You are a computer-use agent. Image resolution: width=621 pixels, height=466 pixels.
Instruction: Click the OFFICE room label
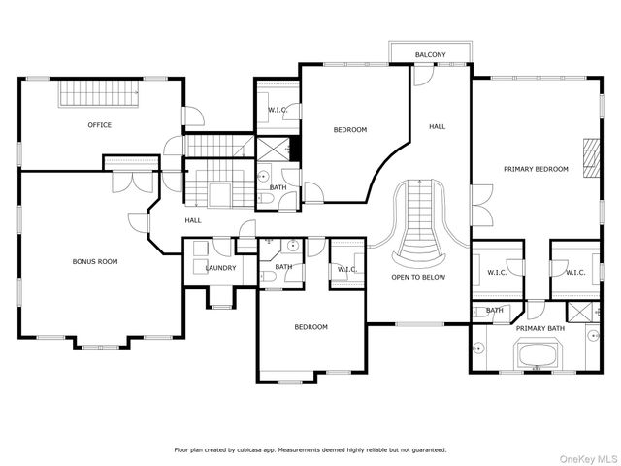99,125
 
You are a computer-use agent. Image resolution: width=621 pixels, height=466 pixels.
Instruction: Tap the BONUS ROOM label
95,261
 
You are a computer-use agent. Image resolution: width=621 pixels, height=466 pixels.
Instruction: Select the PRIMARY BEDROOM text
536,169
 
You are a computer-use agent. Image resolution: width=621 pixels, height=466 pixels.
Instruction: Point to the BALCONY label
431,55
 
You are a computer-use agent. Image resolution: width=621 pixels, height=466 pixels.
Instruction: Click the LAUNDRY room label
220,268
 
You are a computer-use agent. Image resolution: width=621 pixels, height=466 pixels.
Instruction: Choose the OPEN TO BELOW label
418,278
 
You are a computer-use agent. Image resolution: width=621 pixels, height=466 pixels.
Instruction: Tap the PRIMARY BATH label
540,328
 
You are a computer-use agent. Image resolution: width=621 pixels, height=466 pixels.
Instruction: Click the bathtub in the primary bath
536,353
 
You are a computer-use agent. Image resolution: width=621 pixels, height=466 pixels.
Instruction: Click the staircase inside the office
99,94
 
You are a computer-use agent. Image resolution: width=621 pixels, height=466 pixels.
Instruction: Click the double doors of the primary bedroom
482,206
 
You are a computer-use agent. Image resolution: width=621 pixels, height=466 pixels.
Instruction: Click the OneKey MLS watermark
588,459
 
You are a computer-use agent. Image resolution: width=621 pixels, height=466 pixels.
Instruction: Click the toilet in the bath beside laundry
269,276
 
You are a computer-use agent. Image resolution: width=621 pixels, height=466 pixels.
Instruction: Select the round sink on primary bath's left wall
478,349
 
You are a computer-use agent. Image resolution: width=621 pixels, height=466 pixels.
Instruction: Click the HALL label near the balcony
438,127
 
